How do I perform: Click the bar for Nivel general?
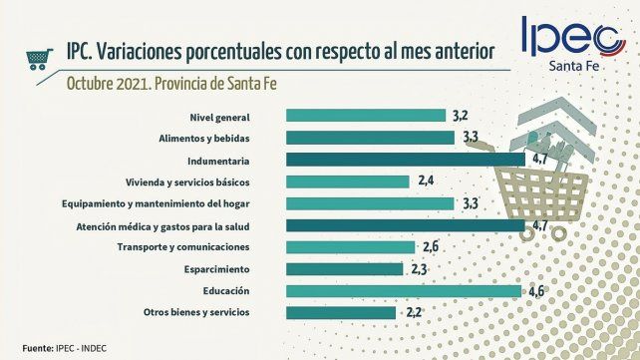pyautogui.click(x=366, y=116)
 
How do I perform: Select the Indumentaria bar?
pyautogui.click(x=405, y=160)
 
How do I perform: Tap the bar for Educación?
pyautogui.click(x=403, y=291)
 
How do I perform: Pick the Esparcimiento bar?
pyautogui.click(x=345, y=269)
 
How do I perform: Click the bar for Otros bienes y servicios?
pyautogui.click(x=342, y=313)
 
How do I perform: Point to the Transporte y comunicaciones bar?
pyautogui.click(x=350, y=247)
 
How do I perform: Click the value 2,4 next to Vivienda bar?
pyautogui.click(x=427, y=181)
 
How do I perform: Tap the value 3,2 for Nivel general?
pyautogui.click(x=460, y=116)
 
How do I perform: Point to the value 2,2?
pyautogui.click(x=415, y=313)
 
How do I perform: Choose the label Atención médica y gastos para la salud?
pyautogui.click(x=162, y=225)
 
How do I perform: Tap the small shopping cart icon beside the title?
pyautogui.click(x=39, y=58)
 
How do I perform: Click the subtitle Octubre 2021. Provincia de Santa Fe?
pyautogui.click(x=170, y=82)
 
